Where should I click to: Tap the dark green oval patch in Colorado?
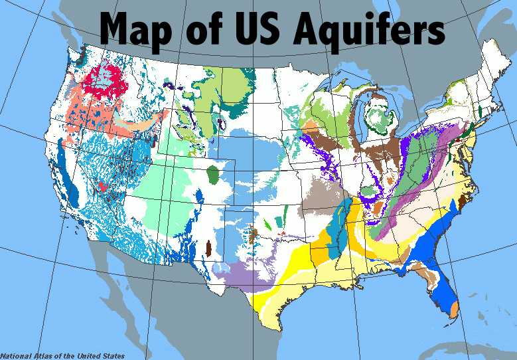pos(213,176)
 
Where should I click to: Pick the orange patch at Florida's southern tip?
pos(454,310)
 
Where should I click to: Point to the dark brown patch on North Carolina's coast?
pos(463,200)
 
